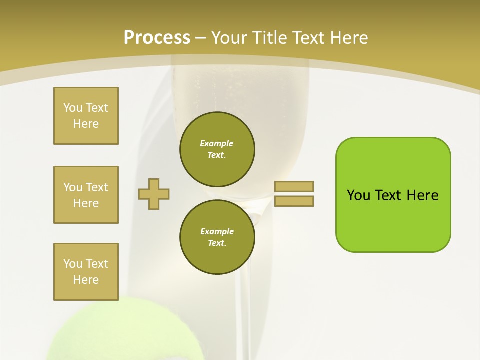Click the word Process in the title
pos(157,38)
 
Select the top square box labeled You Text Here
pos(86,116)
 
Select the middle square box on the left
pos(86,195)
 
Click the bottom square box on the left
pos(86,272)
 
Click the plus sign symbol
pos(154,194)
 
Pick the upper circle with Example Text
pos(217,149)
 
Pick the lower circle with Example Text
pos(217,237)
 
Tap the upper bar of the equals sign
pos(294,186)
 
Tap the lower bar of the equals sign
pos(294,201)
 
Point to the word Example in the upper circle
pos(217,144)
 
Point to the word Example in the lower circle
pos(217,232)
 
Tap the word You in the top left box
pos(72,108)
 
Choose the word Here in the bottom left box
pos(86,280)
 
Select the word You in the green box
pos(358,195)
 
